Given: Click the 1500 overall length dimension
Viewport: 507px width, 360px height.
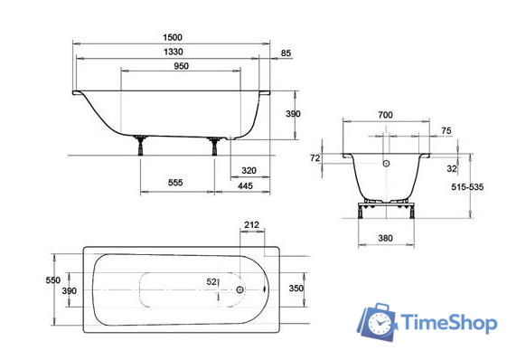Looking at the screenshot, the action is pos(173,37).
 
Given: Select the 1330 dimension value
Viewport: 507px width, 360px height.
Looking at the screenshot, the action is pos(174,52).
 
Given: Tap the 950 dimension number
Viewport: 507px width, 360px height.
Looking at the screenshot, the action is pos(181,66).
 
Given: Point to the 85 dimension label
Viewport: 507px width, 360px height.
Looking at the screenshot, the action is pos(286,53).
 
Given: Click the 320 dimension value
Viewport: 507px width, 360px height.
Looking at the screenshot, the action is pos(249,170).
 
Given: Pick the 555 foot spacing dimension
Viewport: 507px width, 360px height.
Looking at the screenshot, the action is pos(175,183).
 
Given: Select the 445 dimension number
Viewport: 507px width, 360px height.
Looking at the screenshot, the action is pos(245,185).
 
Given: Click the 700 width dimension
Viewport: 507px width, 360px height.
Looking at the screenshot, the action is pos(385,115).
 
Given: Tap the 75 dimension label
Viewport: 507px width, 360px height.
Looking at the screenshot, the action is pos(446,131).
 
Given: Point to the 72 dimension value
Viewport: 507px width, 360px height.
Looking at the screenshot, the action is pos(315,158).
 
